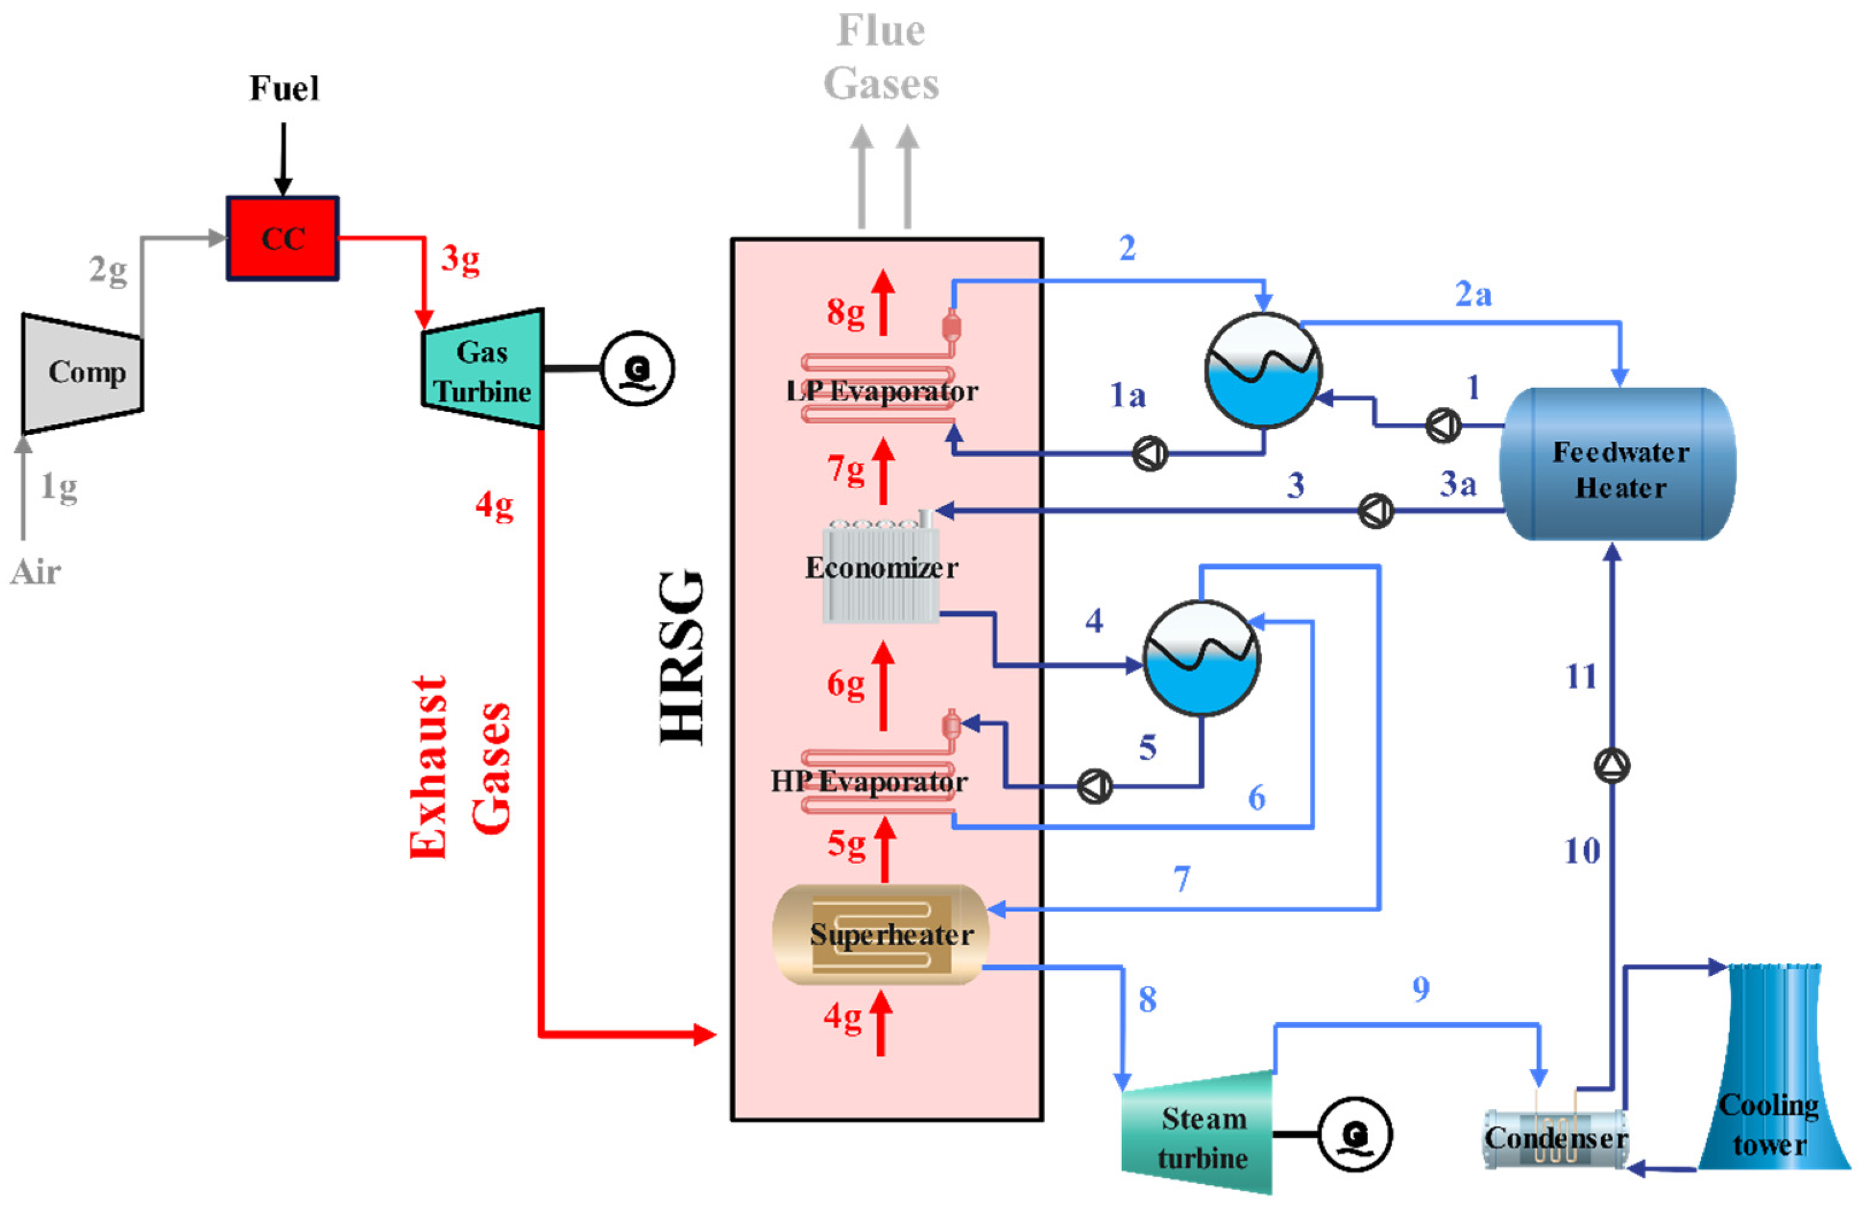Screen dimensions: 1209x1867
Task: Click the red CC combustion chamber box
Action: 282,238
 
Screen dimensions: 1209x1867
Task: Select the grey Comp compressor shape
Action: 83,373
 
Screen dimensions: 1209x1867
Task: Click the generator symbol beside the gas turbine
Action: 637,368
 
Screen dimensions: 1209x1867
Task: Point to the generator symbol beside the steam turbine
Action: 1354,1134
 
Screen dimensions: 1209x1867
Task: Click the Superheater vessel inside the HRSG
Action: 881,935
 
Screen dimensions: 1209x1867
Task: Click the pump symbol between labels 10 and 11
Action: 1612,765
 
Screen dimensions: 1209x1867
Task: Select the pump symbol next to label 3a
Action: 1375,512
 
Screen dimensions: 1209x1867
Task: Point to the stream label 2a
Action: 1473,294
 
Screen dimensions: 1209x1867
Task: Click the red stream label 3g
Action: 460,259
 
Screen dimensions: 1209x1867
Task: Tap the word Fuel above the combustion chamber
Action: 284,88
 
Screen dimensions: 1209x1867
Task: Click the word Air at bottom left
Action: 36,572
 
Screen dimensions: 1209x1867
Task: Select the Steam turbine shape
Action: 1198,1134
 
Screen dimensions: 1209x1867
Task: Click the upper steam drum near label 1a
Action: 1263,370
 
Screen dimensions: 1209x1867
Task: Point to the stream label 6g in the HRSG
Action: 846,684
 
